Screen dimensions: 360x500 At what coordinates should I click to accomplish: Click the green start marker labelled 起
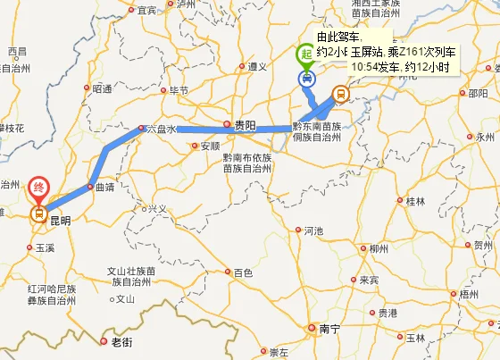pos(306,55)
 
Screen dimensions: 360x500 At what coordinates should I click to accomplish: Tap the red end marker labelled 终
pos(38,186)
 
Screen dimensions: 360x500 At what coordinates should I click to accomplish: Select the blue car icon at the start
pos(306,79)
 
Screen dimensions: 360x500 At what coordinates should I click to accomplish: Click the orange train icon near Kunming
pos(38,213)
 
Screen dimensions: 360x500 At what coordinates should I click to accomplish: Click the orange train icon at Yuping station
pos(339,93)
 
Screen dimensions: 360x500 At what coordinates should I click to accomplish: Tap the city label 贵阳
pos(244,127)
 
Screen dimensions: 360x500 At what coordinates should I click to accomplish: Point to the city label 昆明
pos(60,219)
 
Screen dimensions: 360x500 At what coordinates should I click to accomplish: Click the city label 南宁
pos(329,330)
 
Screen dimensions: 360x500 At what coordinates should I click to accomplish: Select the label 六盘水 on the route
pos(162,130)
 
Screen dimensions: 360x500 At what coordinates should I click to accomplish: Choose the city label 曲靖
pos(104,188)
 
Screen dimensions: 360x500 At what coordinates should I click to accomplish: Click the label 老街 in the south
pos(121,342)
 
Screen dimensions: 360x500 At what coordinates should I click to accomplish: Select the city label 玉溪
pos(45,247)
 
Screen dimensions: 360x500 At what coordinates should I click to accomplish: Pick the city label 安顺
pos(210,146)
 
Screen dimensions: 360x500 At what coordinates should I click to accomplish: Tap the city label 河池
pos(312,230)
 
